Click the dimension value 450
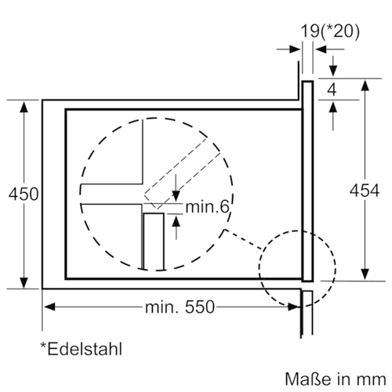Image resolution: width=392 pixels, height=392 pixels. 24,194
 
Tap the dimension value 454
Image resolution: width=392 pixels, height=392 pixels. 365,191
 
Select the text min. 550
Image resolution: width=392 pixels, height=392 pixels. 180,307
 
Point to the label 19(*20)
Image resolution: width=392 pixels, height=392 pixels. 330,31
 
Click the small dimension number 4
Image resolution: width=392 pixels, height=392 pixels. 332,90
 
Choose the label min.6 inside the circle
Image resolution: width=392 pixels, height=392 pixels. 208,207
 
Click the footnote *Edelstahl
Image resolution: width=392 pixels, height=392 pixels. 82,349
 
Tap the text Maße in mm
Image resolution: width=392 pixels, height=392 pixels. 336,379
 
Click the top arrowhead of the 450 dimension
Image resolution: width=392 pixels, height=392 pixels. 24,107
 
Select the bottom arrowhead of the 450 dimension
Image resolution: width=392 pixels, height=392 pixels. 24,283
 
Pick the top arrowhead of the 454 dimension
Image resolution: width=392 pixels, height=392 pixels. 365,85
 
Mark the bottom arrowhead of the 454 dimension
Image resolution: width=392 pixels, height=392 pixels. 365,274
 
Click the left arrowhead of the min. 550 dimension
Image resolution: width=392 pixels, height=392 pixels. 49,307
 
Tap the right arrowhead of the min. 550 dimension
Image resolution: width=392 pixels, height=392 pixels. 294,307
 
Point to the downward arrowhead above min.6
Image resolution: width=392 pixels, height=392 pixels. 176,196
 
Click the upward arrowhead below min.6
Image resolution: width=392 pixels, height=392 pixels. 176,221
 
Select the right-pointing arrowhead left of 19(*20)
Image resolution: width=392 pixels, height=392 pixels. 295,49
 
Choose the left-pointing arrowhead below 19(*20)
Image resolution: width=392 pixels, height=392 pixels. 321,49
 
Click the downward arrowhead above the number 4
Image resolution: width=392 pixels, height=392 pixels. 332,71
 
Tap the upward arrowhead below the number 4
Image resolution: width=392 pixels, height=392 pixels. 332,107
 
